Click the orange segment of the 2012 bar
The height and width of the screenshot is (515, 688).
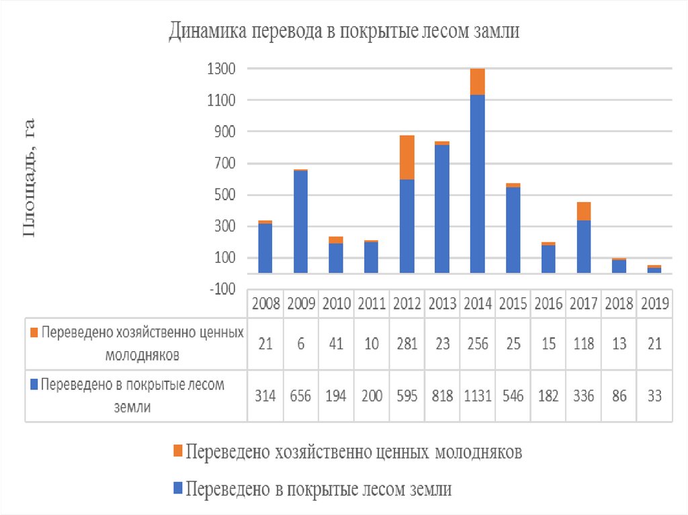(x=406, y=158)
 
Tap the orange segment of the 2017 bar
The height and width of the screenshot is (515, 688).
(x=584, y=211)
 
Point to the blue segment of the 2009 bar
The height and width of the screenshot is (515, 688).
(x=300, y=222)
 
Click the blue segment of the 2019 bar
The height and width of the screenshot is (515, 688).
(x=654, y=270)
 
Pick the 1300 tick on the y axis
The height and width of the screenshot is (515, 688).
(x=221, y=68)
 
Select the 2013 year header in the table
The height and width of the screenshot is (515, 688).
(x=442, y=303)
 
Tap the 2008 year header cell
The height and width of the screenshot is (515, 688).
(x=265, y=303)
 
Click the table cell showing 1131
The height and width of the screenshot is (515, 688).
(x=478, y=395)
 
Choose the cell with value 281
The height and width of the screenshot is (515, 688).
(x=406, y=344)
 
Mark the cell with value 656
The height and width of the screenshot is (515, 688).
(x=300, y=395)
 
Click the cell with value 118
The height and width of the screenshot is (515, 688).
(x=584, y=344)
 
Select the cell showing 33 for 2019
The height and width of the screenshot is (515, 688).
(x=654, y=395)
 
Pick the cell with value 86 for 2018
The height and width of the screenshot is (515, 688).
(x=619, y=395)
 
